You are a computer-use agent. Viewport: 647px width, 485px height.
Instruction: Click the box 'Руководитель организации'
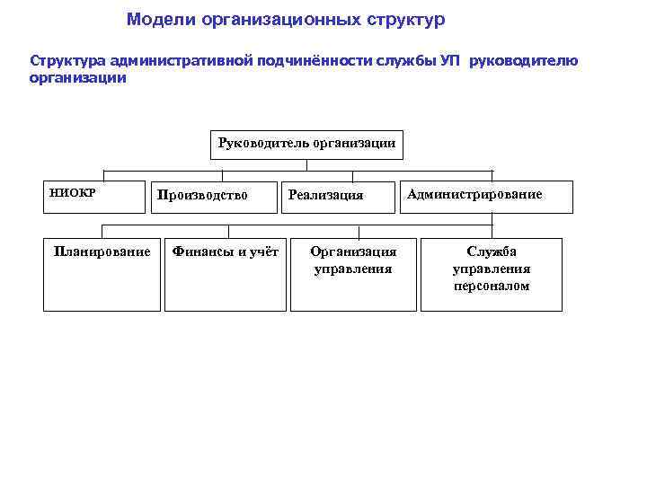tap(306, 145)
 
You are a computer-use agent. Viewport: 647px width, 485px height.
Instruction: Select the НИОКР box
tap(93, 195)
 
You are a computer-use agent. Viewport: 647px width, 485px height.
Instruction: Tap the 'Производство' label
tap(202, 195)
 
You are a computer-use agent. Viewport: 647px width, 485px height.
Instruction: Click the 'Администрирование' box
tap(485, 195)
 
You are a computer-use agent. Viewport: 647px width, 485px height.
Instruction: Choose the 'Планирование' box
tap(102, 273)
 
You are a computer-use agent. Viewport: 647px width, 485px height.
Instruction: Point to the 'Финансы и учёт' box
tap(226, 273)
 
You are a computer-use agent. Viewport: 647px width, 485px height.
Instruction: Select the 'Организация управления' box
tap(353, 273)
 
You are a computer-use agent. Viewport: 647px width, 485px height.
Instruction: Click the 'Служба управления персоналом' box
tap(492, 273)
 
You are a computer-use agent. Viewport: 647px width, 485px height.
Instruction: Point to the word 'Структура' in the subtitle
tap(68, 61)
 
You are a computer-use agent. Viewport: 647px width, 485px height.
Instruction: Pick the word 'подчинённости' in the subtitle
tap(324, 61)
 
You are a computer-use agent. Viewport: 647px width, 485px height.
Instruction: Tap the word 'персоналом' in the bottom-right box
tap(492, 287)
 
